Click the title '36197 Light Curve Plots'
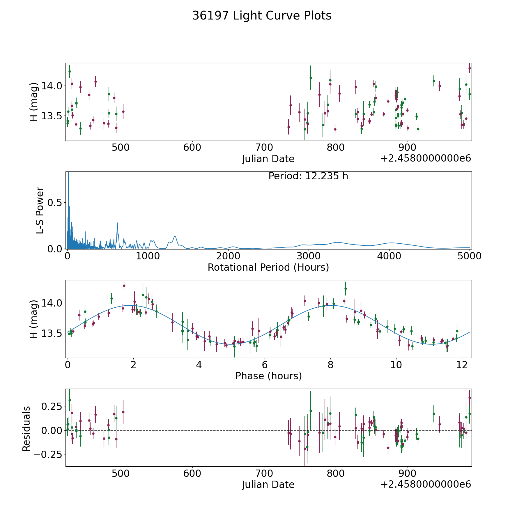point(262,16)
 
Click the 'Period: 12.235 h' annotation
point(308,176)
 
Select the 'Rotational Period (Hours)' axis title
point(268,267)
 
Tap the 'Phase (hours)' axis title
point(268,376)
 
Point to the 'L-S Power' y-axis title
point(40,210)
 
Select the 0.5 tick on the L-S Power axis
point(55,203)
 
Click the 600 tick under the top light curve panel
point(192,148)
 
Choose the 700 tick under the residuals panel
point(264,474)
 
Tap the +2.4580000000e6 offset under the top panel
point(426,159)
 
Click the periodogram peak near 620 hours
point(117,223)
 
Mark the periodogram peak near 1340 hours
point(175,236)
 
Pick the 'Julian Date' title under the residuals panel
point(268,485)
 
